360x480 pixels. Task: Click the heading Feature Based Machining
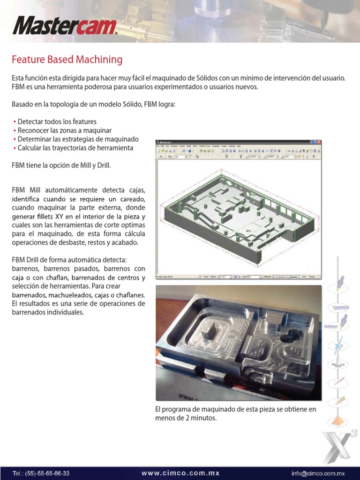point(67,60)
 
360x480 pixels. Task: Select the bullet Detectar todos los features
point(57,121)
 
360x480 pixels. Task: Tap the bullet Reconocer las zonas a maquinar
point(64,130)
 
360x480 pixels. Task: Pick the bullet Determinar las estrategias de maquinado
point(78,139)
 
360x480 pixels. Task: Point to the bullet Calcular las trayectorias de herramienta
point(75,148)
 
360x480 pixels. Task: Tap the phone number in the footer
point(41,473)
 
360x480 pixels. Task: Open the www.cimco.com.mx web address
point(180,473)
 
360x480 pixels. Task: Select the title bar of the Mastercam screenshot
point(234,142)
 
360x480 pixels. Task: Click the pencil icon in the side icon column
point(340,401)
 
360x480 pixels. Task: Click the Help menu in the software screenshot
point(238,146)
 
